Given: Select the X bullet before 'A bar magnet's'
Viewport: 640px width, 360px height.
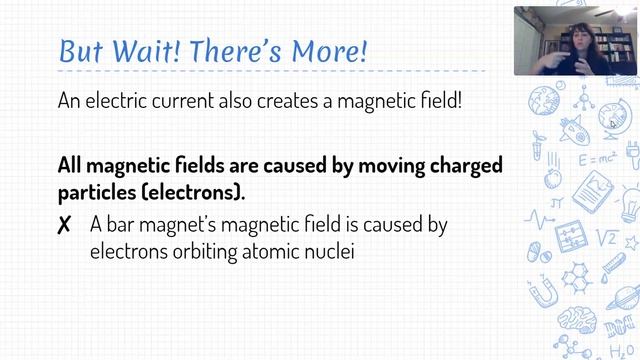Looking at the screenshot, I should pyautogui.click(x=65, y=226).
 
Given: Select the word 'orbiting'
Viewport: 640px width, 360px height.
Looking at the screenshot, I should pyautogui.click(x=197, y=251).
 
